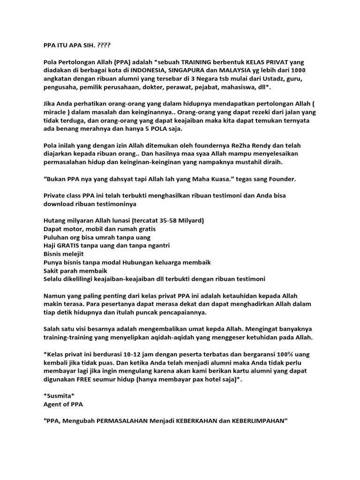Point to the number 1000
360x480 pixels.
(296, 70)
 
